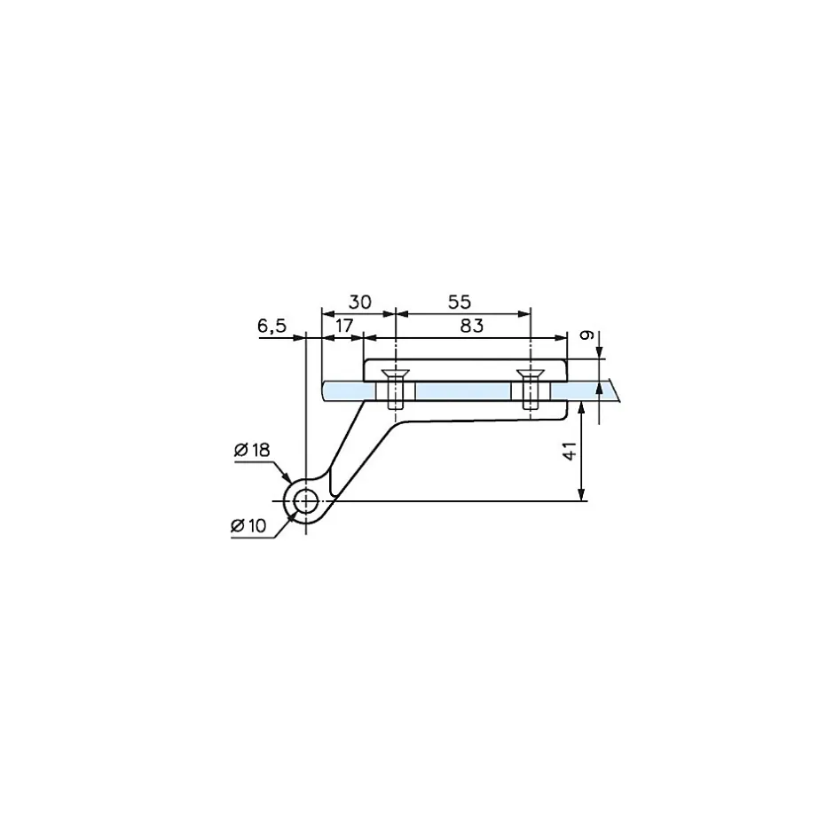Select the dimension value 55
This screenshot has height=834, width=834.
point(461,301)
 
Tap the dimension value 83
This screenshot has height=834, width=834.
point(472,326)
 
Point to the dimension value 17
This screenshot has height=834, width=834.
point(344,326)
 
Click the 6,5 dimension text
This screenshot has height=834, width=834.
point(272,326)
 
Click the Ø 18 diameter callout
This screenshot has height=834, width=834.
point(252,451)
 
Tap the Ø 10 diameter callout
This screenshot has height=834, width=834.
point(248,526)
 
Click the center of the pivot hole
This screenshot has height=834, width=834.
point(306,501)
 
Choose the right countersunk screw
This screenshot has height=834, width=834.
point(530,388)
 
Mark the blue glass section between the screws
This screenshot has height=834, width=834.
point(461,391)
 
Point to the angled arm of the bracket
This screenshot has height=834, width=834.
point(355,452)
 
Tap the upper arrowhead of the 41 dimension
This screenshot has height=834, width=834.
point(581,405)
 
